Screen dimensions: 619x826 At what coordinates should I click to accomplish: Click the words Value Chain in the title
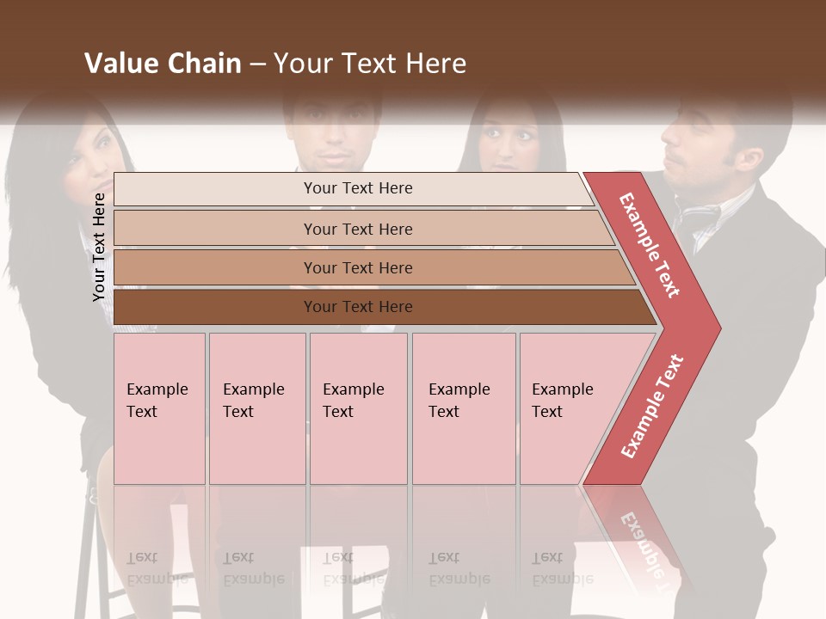pos(163,64)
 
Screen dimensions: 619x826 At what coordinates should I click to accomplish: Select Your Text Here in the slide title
pos(370,64)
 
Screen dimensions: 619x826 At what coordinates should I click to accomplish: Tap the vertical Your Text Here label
pos(99,247)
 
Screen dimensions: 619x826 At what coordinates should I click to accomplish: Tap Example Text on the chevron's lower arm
pos(652,406)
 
